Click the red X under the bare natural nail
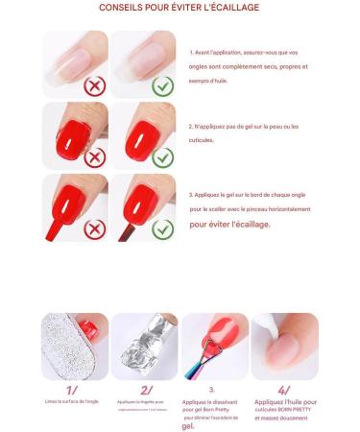(x=94, y=84)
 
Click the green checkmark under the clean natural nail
(x=161, y=84)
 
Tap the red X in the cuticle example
(x=94, y=156)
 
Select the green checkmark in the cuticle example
(x=162, y=156)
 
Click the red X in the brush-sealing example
(x=94, y=228)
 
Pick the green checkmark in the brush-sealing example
(x=162, y=228)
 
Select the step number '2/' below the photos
(x=145, y=390)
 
